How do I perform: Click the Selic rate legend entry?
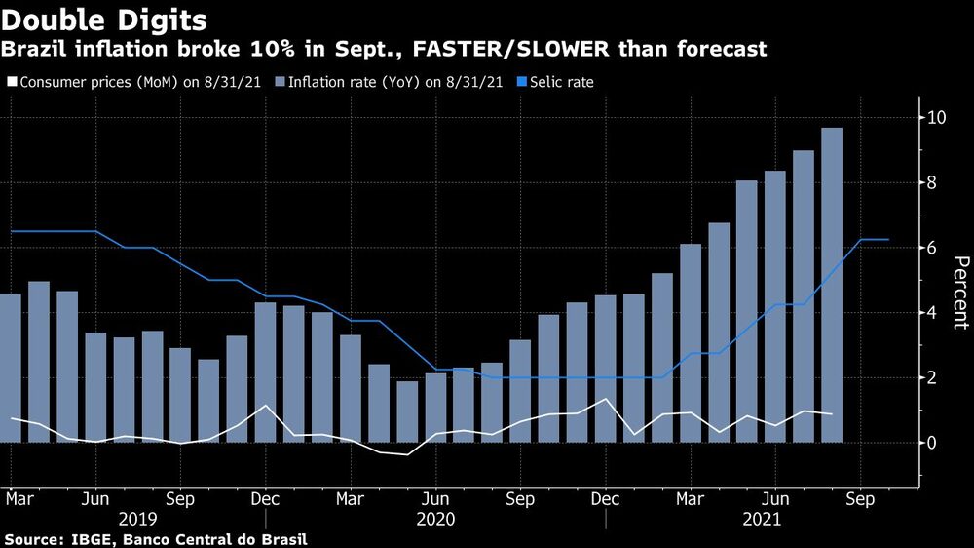(559, 82)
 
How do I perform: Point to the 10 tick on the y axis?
(937, 118)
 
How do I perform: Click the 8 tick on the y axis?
(932, 183)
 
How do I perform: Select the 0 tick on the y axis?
(932, 443)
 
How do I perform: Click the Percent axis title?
(960, 293)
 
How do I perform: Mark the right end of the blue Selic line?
(887, 239)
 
